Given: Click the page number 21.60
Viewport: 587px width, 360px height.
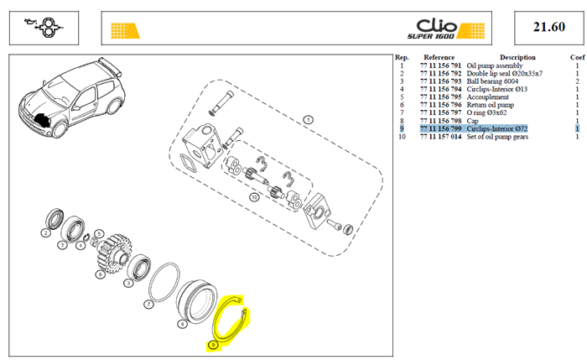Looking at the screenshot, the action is point(548,27).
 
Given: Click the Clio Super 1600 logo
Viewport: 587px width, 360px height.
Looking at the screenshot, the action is point(445,29).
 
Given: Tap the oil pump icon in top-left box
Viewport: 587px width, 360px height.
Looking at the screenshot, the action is point(44,28).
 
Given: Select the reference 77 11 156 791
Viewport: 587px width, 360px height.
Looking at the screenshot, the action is point(440,65).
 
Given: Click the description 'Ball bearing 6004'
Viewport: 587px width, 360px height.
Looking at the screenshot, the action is point(492,81).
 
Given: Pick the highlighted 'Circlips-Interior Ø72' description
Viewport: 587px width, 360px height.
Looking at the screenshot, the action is point(496,128).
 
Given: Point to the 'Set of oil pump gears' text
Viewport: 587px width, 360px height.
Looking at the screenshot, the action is point(497,137).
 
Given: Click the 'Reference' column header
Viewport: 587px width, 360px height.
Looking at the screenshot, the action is point(439,57).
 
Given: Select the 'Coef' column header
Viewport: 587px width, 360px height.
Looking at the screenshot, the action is point(577,57).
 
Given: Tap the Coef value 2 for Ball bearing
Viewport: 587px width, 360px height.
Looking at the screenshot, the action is point(577,81).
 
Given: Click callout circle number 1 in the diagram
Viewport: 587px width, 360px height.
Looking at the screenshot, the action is point(308,120).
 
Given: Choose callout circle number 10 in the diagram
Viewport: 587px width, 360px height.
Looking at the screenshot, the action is point(254,197).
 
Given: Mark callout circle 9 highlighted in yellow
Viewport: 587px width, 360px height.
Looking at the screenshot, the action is point(213,345).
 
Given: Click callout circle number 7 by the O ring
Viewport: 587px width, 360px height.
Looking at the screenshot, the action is point(148,304).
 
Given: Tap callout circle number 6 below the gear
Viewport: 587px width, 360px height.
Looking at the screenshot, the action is point(101,274).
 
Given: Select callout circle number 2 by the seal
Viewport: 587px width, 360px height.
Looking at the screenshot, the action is point(45,233).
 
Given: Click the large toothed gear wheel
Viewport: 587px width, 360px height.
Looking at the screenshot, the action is point(113,253).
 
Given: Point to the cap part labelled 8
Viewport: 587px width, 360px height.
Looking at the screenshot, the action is point(197,302).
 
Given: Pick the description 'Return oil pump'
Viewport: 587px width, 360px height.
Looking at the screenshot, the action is point(490,105).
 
